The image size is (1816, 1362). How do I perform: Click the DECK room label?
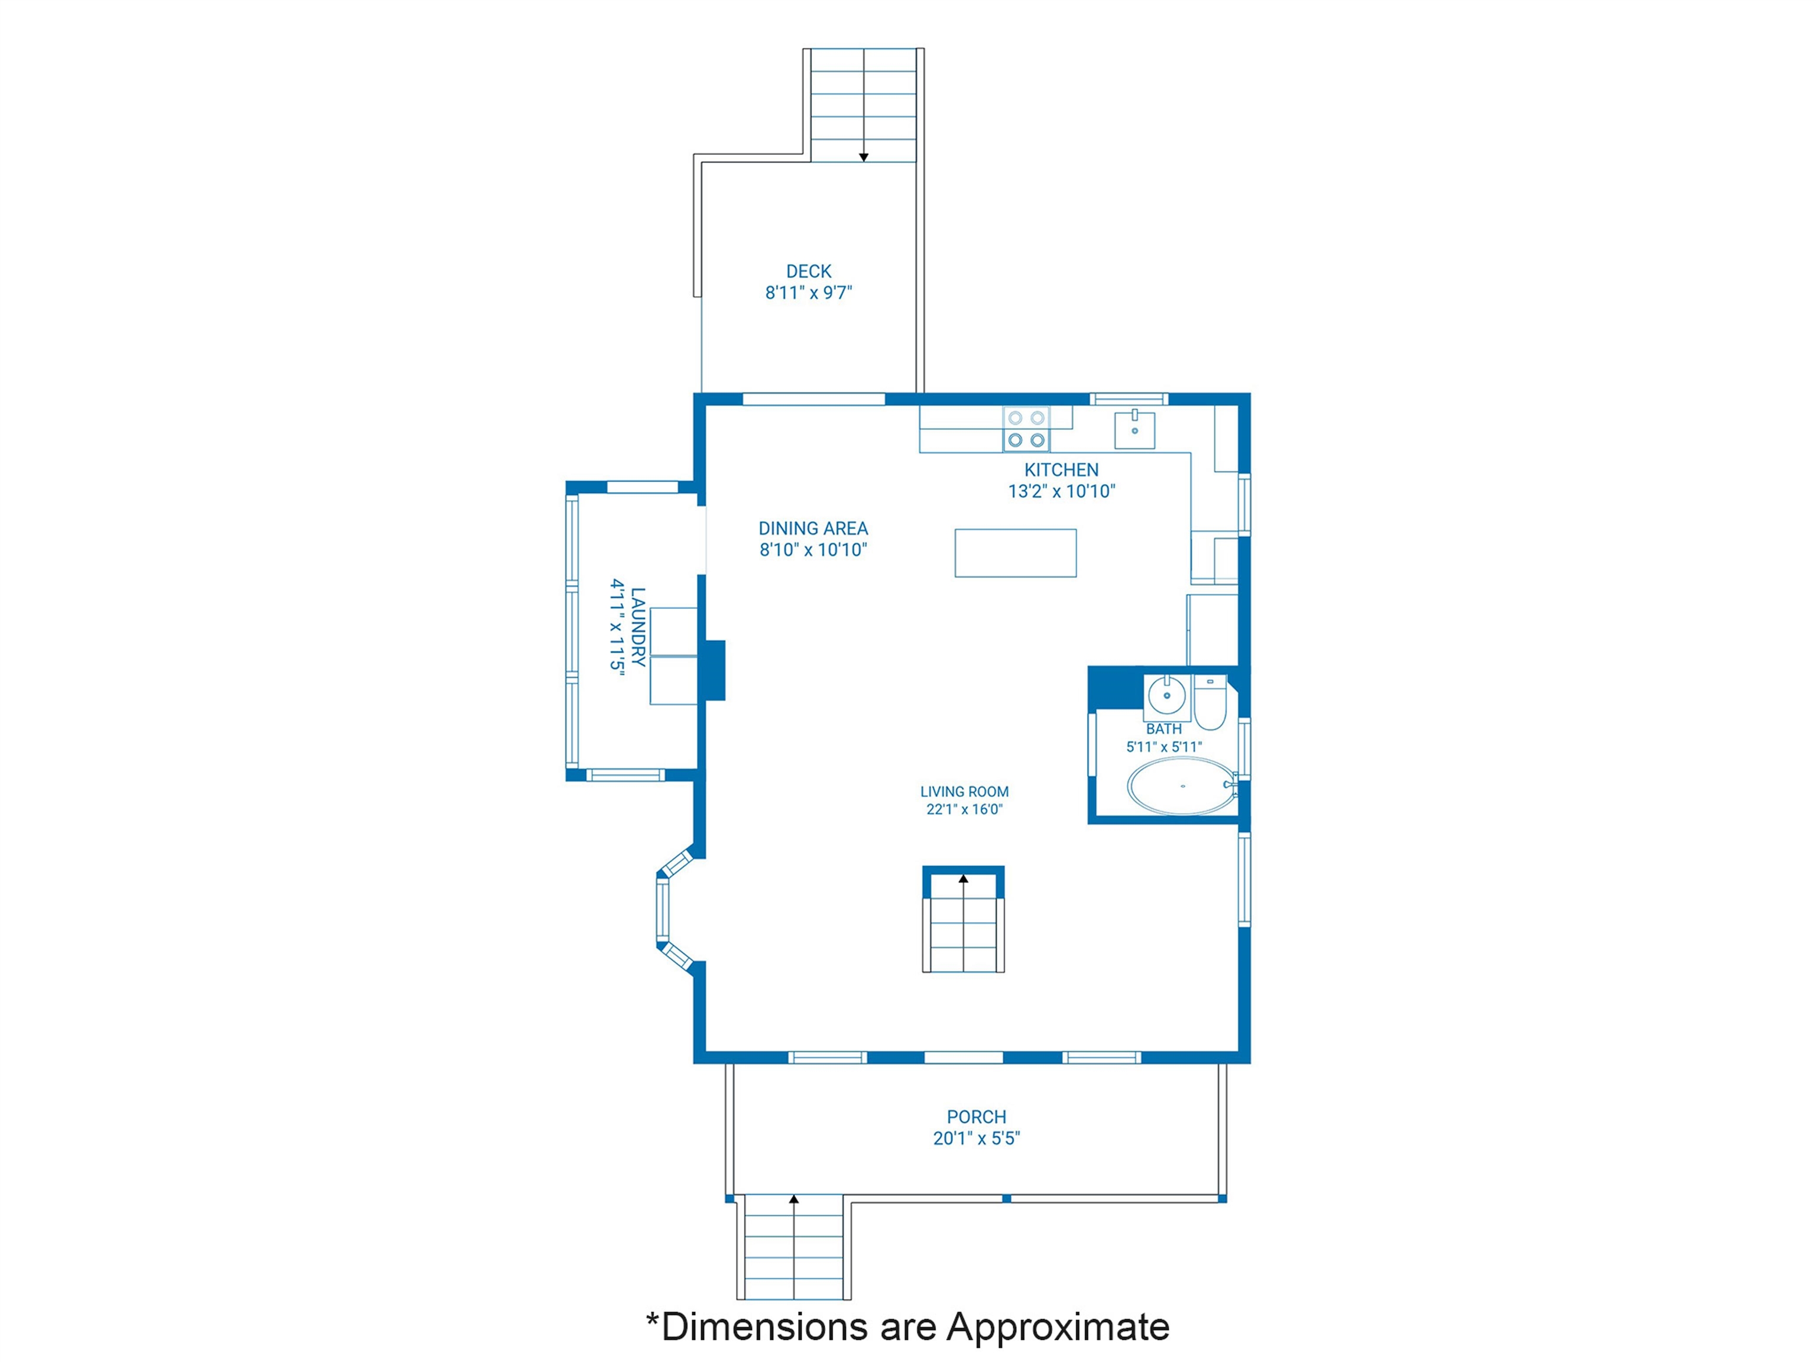pyautogui.click(x=809, y=271)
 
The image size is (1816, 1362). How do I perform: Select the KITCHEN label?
pyautogui.click(x=1062, y=469)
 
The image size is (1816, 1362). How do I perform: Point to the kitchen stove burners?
pyautogui.click(x=1026, y=429)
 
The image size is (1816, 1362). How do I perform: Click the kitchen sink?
pyautogui.click(x=1134, y=429)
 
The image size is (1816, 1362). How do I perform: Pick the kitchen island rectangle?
pyautogui.click(x=1016, y=553)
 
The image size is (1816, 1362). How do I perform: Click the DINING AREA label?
pyautogui.click(x=813, y=528)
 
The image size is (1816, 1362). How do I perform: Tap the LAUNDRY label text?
pyautogui.click(x=638, y=627)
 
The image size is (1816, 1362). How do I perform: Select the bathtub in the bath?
pyautogui.click(x=1182, y=786)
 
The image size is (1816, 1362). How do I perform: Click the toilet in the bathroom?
pyautogui.click(x=1210, y=703)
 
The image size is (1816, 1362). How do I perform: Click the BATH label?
pyautogui.click(x=1164, y=729)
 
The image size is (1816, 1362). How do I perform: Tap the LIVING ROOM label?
pyautogui.click(x=965, y=792)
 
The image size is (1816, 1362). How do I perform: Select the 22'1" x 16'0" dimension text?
pyautogui.click(x=965, y=809)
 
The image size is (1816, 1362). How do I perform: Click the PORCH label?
pyautogui.click(x=976, y=1117)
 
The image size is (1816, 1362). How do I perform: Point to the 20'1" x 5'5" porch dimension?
pyautogui.click(x=976, y=1138)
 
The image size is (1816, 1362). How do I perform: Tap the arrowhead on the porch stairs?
pyautogui.click(x=794, y=1199)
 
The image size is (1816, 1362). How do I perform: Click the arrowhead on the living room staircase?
pyautogui.click(x=964, y=879)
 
